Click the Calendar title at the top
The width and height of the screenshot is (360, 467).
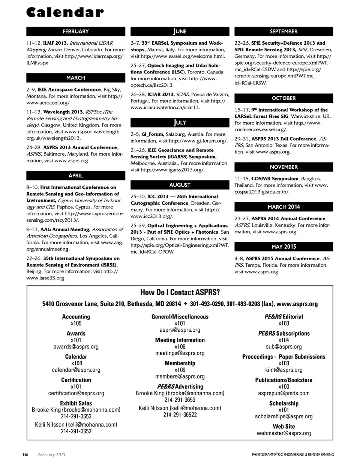point(65,12)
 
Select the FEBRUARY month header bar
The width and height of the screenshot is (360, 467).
point(75,32)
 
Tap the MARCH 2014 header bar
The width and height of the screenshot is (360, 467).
point(283,207)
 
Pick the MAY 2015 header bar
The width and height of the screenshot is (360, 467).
point(283,247)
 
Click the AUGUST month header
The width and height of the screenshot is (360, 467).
point(180,185)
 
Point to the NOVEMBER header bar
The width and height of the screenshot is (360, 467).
point(283,167)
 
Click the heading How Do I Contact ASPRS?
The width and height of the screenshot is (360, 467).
point(180,293)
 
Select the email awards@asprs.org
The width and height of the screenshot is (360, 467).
point(76,347)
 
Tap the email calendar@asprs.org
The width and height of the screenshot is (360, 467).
point(76,370)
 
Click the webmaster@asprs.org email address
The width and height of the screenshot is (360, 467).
point(283,433)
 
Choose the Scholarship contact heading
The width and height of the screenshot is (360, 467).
point(283,403)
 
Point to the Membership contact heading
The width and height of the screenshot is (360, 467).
point(180,363)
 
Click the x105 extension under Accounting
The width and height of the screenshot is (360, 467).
point(76,323)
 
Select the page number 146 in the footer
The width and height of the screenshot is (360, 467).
point(25,455)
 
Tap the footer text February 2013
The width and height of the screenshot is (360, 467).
point(51,455)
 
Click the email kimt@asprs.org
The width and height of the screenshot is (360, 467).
point(283,370)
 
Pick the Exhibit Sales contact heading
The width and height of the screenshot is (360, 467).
point(76,403)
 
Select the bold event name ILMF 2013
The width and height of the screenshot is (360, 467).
point(55,43)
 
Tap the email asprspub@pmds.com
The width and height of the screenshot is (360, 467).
point(283,393)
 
